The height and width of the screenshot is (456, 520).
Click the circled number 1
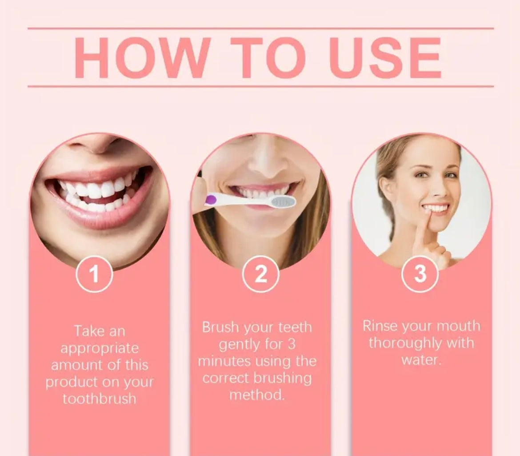[x=94, y=275]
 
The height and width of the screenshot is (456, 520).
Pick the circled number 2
[x=261, y=275]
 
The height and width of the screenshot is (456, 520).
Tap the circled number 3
[x=420, y=274]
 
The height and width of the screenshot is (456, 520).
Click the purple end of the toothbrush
[x=209, y=198]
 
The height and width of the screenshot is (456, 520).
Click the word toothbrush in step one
[x=99, y=398]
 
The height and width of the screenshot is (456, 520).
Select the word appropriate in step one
[x=100, y=348]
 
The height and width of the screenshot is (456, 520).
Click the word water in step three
[x=420, y=359]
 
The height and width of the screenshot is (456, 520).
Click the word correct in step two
[x=226, y=378]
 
